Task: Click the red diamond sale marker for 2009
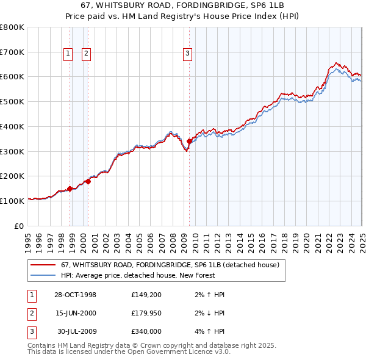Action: point(190,141)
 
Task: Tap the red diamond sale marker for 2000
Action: point(88,181)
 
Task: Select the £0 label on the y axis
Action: point(20,226)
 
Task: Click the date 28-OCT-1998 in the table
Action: point(75,295)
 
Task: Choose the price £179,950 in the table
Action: point(146,314)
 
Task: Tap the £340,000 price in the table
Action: point(146,333)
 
